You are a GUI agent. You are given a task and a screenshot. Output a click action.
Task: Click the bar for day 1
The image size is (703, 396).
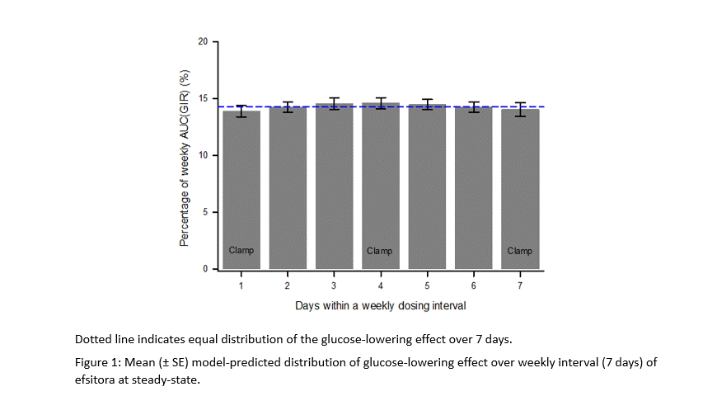[241, 190]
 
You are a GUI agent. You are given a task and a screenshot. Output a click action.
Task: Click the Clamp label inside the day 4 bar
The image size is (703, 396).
[380, 251]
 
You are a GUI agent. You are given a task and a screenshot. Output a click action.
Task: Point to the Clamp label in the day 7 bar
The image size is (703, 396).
[520, 251]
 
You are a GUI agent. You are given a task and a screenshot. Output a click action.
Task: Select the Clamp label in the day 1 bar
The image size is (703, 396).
[241, 251]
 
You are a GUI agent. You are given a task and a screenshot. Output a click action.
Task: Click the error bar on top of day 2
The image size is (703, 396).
[288, 107]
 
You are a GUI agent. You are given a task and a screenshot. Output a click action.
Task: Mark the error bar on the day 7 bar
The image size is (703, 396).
[520, 109]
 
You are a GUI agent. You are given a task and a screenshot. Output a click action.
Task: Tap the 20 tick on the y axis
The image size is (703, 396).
[203, 41]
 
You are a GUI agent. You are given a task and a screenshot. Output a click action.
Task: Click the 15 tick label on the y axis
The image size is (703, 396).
[203, 99]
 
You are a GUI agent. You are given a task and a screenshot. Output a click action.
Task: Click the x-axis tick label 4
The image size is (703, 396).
[380, 285]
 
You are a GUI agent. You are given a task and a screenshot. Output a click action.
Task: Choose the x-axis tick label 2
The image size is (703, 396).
[288, 285]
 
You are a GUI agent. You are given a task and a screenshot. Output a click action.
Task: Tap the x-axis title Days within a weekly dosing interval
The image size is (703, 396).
[380, 305]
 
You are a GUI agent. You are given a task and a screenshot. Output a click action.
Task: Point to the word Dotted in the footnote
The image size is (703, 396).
[91, 339]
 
